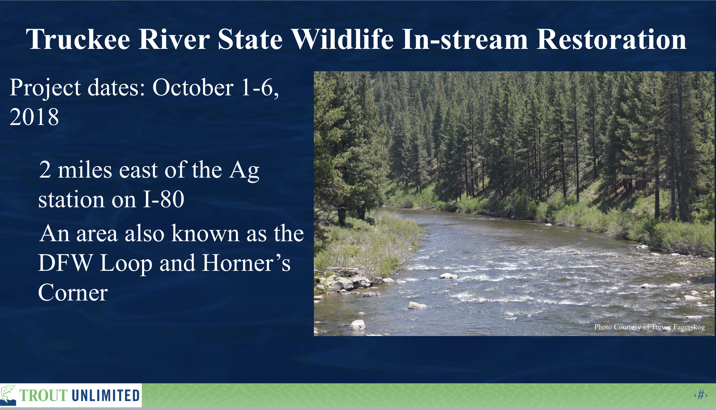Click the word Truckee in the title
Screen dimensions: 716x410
[78, 39]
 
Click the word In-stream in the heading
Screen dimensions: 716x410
[465, 39]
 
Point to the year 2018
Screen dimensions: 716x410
[34, 117]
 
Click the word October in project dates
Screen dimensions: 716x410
[193, 87]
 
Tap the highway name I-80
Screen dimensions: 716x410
[164, 199]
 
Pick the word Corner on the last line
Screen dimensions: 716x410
[73, 292]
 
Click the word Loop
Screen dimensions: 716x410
[126, 263]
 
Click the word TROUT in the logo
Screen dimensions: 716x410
[44, 396]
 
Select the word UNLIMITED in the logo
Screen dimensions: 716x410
[106, 396]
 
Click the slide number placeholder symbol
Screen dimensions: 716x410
[701, 395]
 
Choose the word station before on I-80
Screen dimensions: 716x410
[71, 199]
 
